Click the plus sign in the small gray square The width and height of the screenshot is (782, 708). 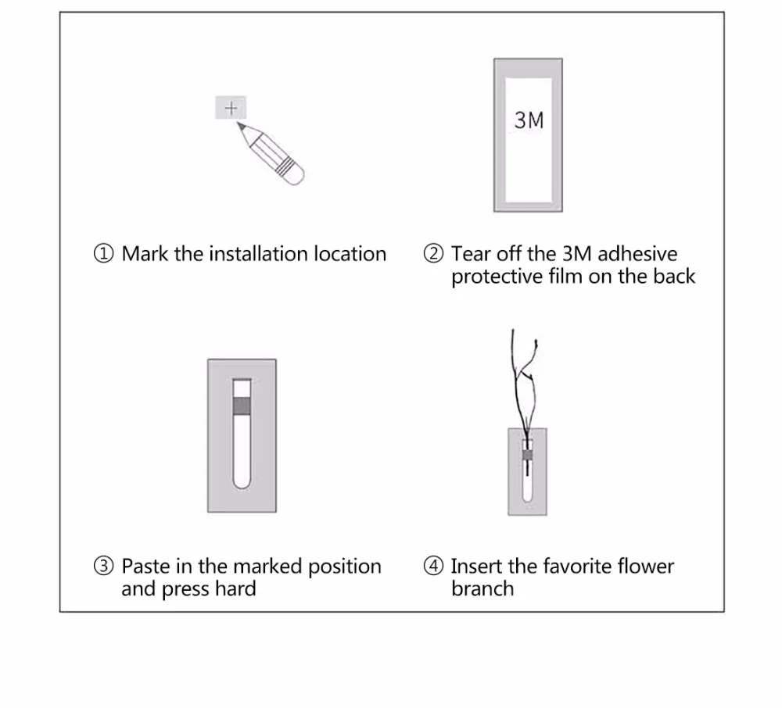tap(231, 108)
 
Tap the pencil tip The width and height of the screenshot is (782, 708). tap(238, 123)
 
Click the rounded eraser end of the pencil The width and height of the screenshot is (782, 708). tap(297, 178)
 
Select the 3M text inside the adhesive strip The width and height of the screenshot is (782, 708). tap(529, 120)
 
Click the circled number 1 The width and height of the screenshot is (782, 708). tap(104, 253)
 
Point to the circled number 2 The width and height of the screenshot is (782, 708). tap(433, 253)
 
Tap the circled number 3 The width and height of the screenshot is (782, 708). tap(104, 566)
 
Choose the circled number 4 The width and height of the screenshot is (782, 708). tap(433, 566)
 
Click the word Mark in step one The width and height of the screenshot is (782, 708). tap(145, 254)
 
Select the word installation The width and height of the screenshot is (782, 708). tap(259, 254)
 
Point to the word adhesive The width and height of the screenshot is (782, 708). tap(637, 254)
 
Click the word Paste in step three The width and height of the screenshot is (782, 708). tap(145, 567)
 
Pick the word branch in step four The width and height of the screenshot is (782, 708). tap(482, 589)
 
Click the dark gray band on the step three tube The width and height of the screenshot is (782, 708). tap(242, 406)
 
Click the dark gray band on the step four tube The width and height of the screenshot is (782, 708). tap(527, 455)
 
